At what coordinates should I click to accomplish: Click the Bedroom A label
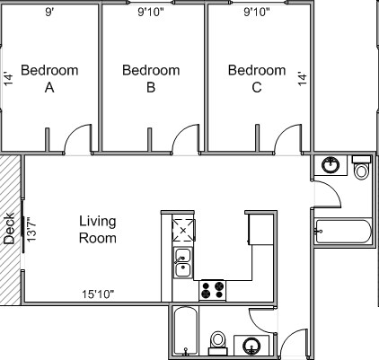click(x=49, y=78)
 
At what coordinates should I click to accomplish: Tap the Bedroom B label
click(x=151, y=78)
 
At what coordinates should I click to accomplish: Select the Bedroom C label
click(x=257, y=78)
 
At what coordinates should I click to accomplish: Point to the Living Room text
click(x=98, y=229)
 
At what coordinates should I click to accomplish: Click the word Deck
click(x=9, y=229)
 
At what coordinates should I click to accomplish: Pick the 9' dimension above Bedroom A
click(x=48, y=13)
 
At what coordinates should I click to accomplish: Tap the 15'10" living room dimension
click(x=98, y=294)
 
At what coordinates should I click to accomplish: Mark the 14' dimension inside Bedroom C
click(x=302, y=78)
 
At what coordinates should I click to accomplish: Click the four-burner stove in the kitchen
click(x=212, y=290)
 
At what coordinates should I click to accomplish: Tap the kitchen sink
click(x=182, y=264)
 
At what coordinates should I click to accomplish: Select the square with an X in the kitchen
click(x=183, y=231)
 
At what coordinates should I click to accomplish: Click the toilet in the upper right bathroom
click(x=361, y=169)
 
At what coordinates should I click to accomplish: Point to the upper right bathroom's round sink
click(x=331, y=166)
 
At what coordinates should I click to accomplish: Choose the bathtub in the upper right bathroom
click(x=343, y=232)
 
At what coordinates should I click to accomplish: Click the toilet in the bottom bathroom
click(x=216, y=341)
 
